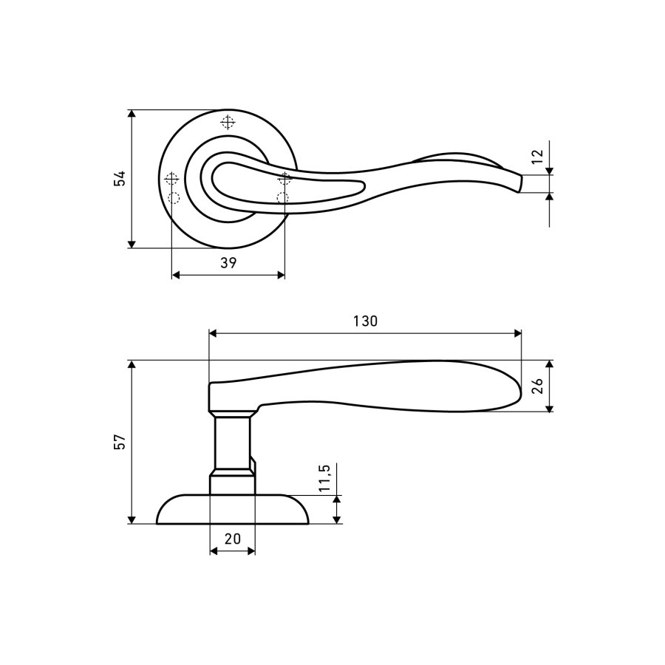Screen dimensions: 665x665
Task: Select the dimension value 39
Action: click(228, 263)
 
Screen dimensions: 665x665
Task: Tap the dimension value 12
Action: click(537, 156)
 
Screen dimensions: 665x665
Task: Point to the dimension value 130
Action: click(365, 321)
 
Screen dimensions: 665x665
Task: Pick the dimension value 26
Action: click(537, 386)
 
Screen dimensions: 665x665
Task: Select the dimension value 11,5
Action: click(324, 477)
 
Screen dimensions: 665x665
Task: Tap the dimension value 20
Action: click(233, 539)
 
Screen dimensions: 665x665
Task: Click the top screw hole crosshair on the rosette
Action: click(228, 122)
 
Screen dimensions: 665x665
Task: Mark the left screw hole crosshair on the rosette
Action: click(171, 179)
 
